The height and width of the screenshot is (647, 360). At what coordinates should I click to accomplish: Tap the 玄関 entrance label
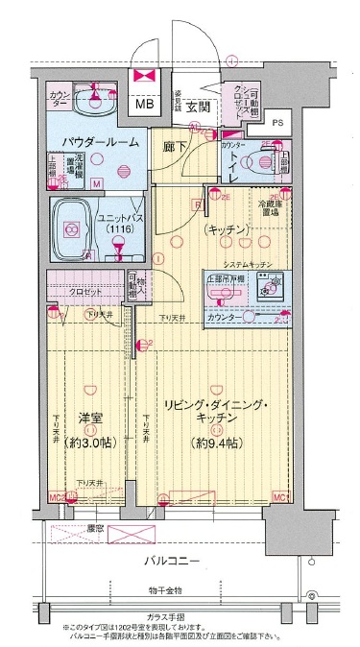pyautogui.click(x=198, y=106)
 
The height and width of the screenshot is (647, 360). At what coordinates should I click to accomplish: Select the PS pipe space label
pyautogui.click(x=277, y=123)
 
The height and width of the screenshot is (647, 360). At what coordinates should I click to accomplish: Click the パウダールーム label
pyautogui.click(x=101, y=142)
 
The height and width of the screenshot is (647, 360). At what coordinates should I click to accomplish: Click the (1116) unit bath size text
pyautogui.click(x=120, y=231)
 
